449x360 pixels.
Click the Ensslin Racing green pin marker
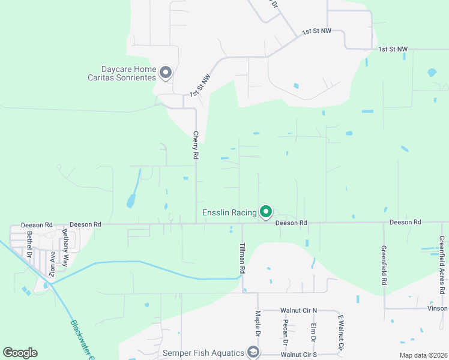pos(266,212)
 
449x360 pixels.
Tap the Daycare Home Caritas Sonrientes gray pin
pos(166,73)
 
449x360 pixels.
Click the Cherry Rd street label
pos(196,145)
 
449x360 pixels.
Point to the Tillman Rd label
pos(243,259)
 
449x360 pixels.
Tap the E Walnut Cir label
pos(340,332)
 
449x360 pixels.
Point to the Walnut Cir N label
pos(298,310)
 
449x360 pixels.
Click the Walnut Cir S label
pos(298,355)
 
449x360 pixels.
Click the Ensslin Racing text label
pos(229,212)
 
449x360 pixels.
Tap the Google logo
pos(20,353)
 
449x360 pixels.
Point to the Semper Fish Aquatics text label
pos(203,353)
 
